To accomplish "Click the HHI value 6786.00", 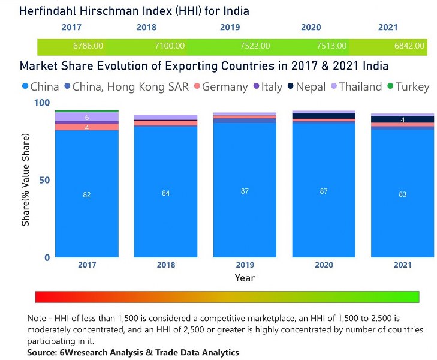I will point(88,46).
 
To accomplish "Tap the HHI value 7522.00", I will point(255,46).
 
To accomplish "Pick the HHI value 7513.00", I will point(331,46).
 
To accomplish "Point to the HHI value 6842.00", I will point(409,46).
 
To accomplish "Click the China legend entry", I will point(40,87).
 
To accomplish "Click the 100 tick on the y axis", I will point(41,103).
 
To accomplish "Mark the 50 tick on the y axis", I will point(44,180).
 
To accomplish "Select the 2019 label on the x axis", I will point(245,265).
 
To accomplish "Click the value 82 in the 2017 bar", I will point(87,194).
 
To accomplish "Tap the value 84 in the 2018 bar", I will point(166,193).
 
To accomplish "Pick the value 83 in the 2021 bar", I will point(403,194).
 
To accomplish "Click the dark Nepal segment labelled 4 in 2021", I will point(403,120).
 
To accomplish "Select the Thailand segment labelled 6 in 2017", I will point(87,118).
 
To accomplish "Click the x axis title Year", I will point(245,278).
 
